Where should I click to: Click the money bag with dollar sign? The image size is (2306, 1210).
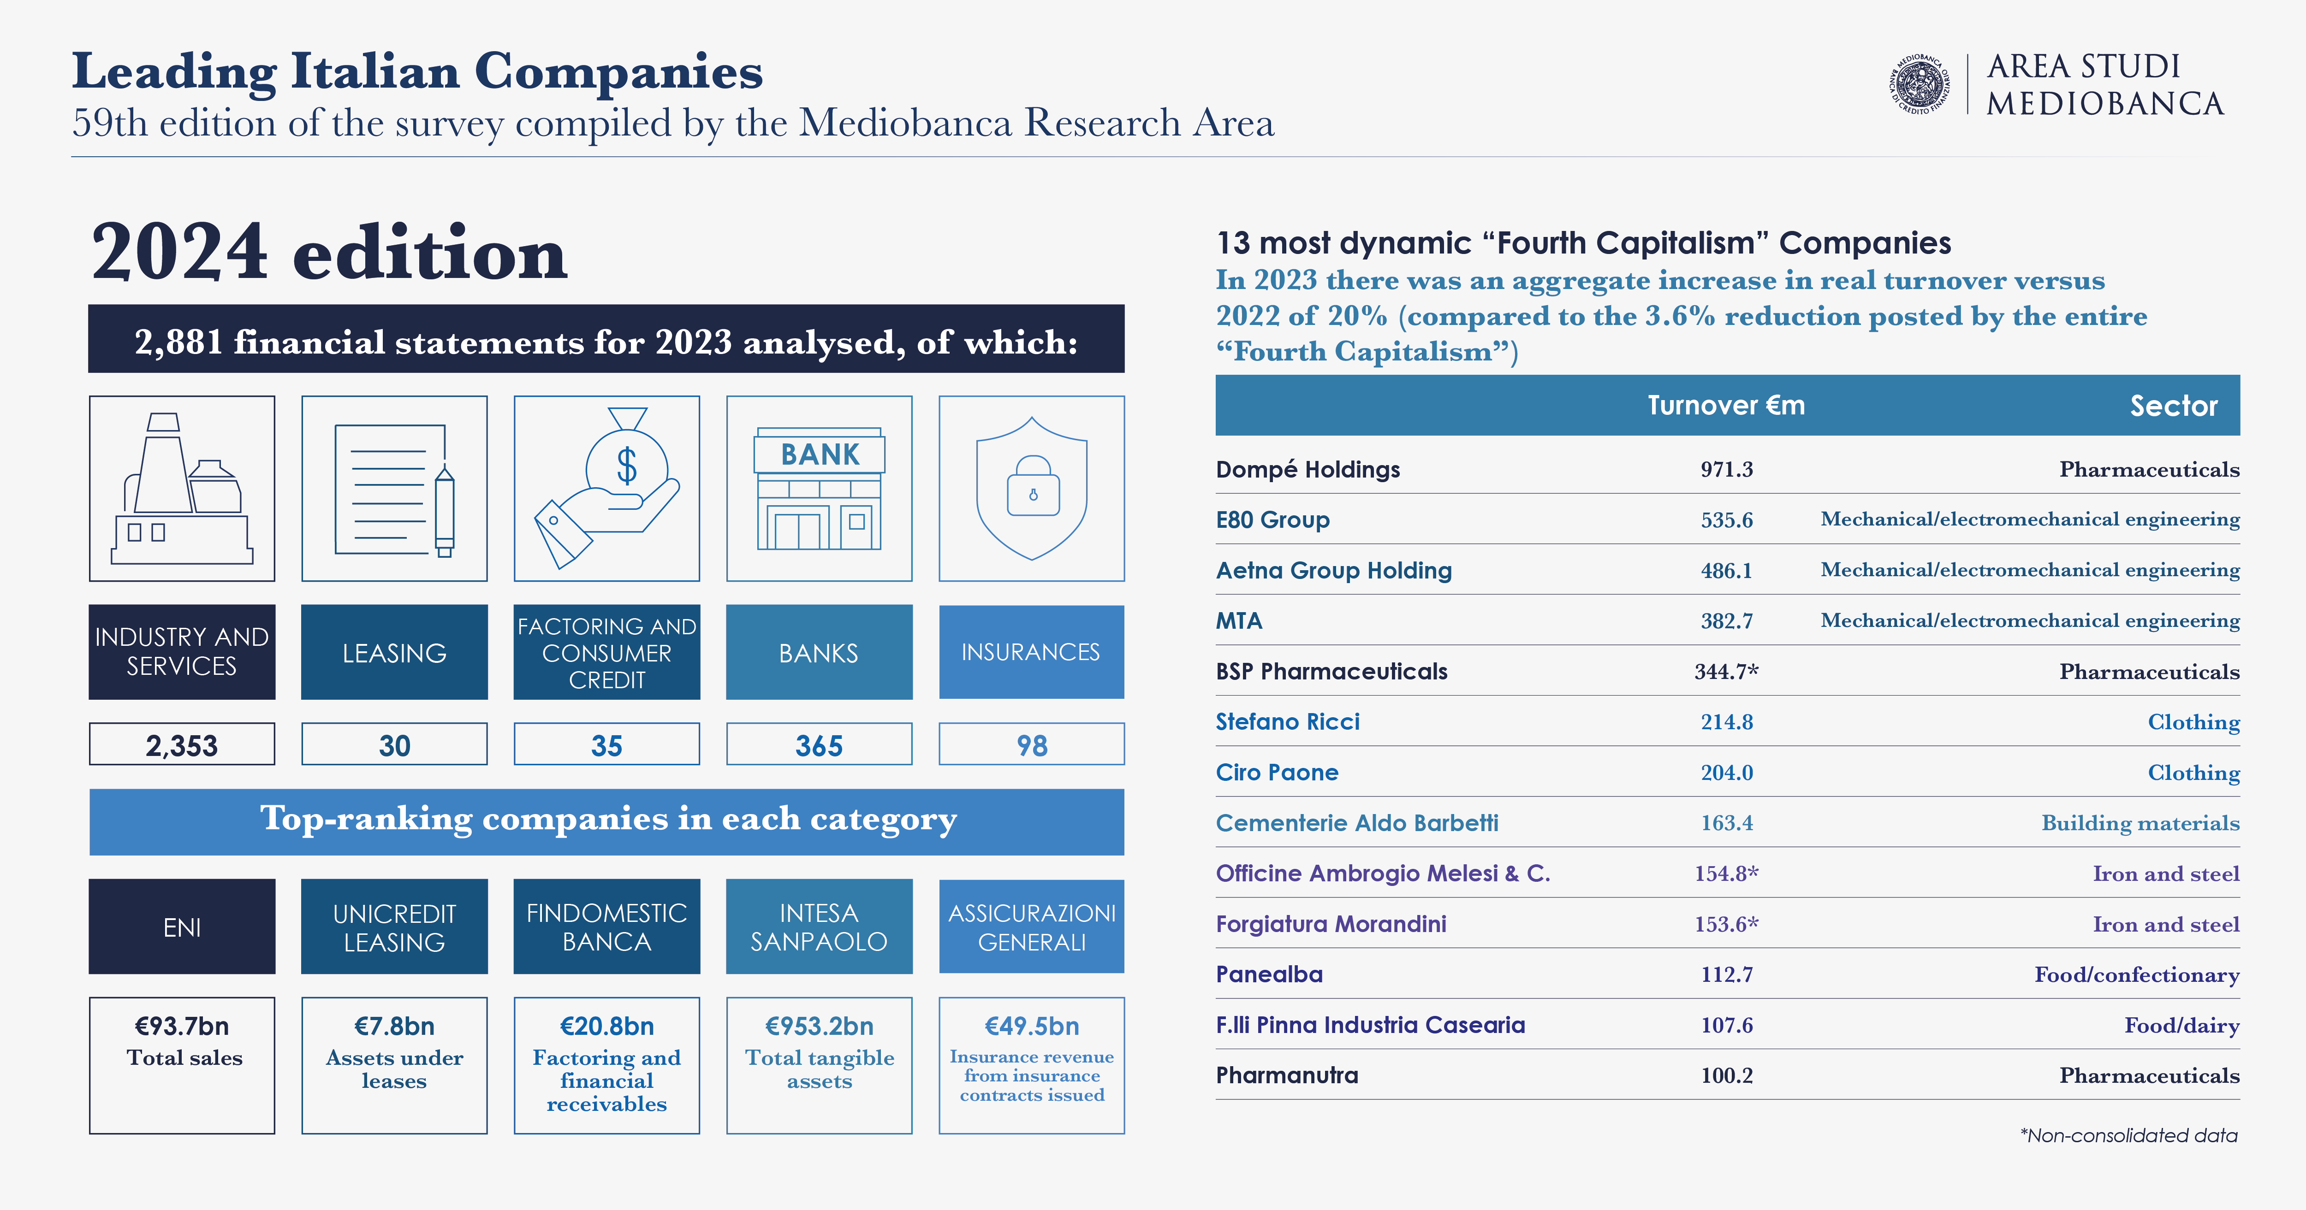tap(627, 466)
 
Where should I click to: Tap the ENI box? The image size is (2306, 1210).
tap(182, 927)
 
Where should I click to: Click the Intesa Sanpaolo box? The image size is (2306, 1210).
tap(819, 927)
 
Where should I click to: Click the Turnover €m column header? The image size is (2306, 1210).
tap(1726, 406)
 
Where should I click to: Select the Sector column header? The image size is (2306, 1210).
tap(2174, 406)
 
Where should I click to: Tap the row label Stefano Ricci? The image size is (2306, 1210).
tap(1287, 721)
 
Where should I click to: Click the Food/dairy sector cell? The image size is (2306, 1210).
tap(2181, 1025)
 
